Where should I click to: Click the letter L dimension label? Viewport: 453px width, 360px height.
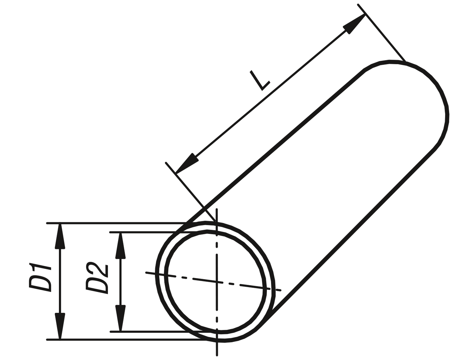pos(260,80)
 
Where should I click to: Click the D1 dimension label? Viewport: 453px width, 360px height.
pos(40,277)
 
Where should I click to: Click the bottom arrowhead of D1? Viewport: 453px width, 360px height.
pos(60,326)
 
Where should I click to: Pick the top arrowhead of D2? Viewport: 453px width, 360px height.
pos(120,245)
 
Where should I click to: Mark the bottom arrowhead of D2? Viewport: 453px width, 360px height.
pos(120,318)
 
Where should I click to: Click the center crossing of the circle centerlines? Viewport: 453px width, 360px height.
pos(217,282)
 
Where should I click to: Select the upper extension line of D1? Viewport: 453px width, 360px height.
pos(126,223)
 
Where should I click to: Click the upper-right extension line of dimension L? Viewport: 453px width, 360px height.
pos(381,32)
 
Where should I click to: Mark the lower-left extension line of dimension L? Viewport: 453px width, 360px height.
pos(191,192)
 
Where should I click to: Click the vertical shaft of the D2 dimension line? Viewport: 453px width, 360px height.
pos(120,282)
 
